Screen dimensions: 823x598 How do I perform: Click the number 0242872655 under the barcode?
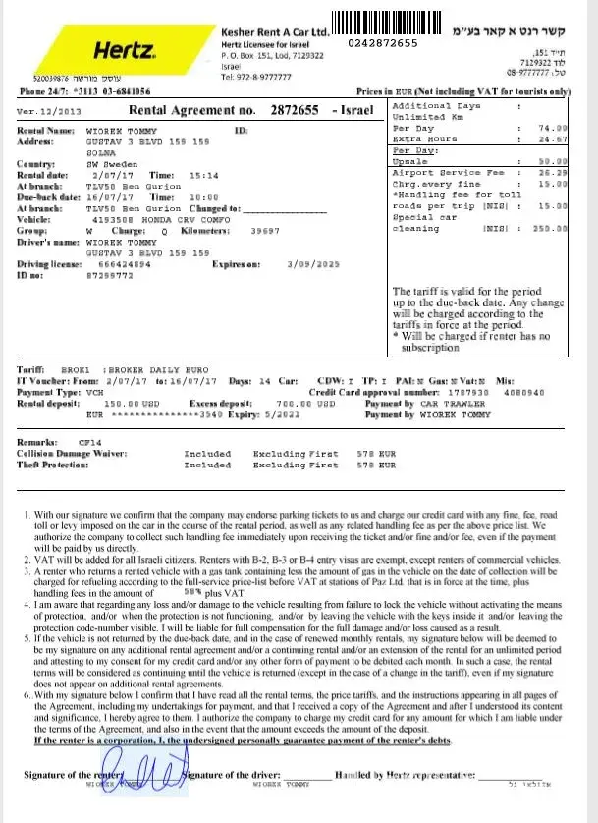(383, 43)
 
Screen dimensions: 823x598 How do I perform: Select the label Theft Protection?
(56, 465)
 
